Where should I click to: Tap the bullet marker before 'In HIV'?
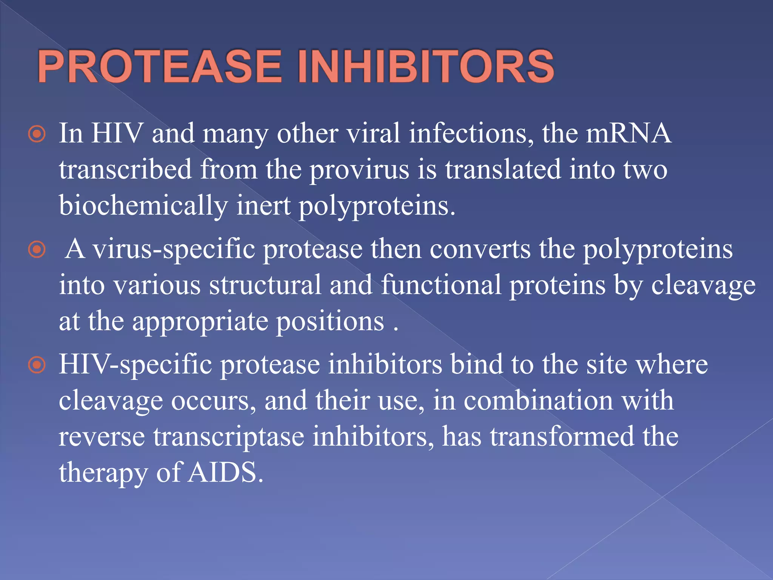[37, 134]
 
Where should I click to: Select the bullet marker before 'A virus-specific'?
[37, 250]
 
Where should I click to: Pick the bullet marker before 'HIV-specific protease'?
[37, 365]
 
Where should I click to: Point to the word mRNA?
[628, 133]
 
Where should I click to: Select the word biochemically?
[143, 206]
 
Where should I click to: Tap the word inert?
[263, 206]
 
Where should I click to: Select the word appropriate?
[200, 322]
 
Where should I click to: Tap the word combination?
[538, 401]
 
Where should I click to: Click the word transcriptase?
[229, 437]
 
